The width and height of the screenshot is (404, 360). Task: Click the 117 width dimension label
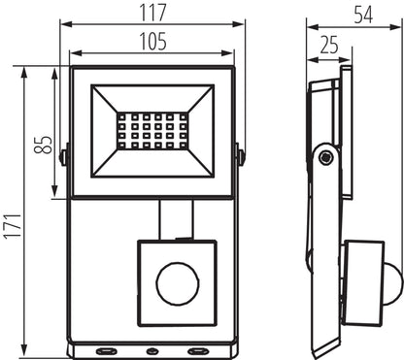pyautogui.click(x=152, y=12)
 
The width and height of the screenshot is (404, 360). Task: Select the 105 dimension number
pyautogui.click(x=152, y=42)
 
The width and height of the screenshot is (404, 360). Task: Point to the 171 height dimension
pyautogui.click(x=13, y=209)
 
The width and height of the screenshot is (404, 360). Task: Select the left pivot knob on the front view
pyautogui.click(x=64, y=154)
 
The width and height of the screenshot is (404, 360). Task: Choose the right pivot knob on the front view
pyautogui.click(x=239, y=154)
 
